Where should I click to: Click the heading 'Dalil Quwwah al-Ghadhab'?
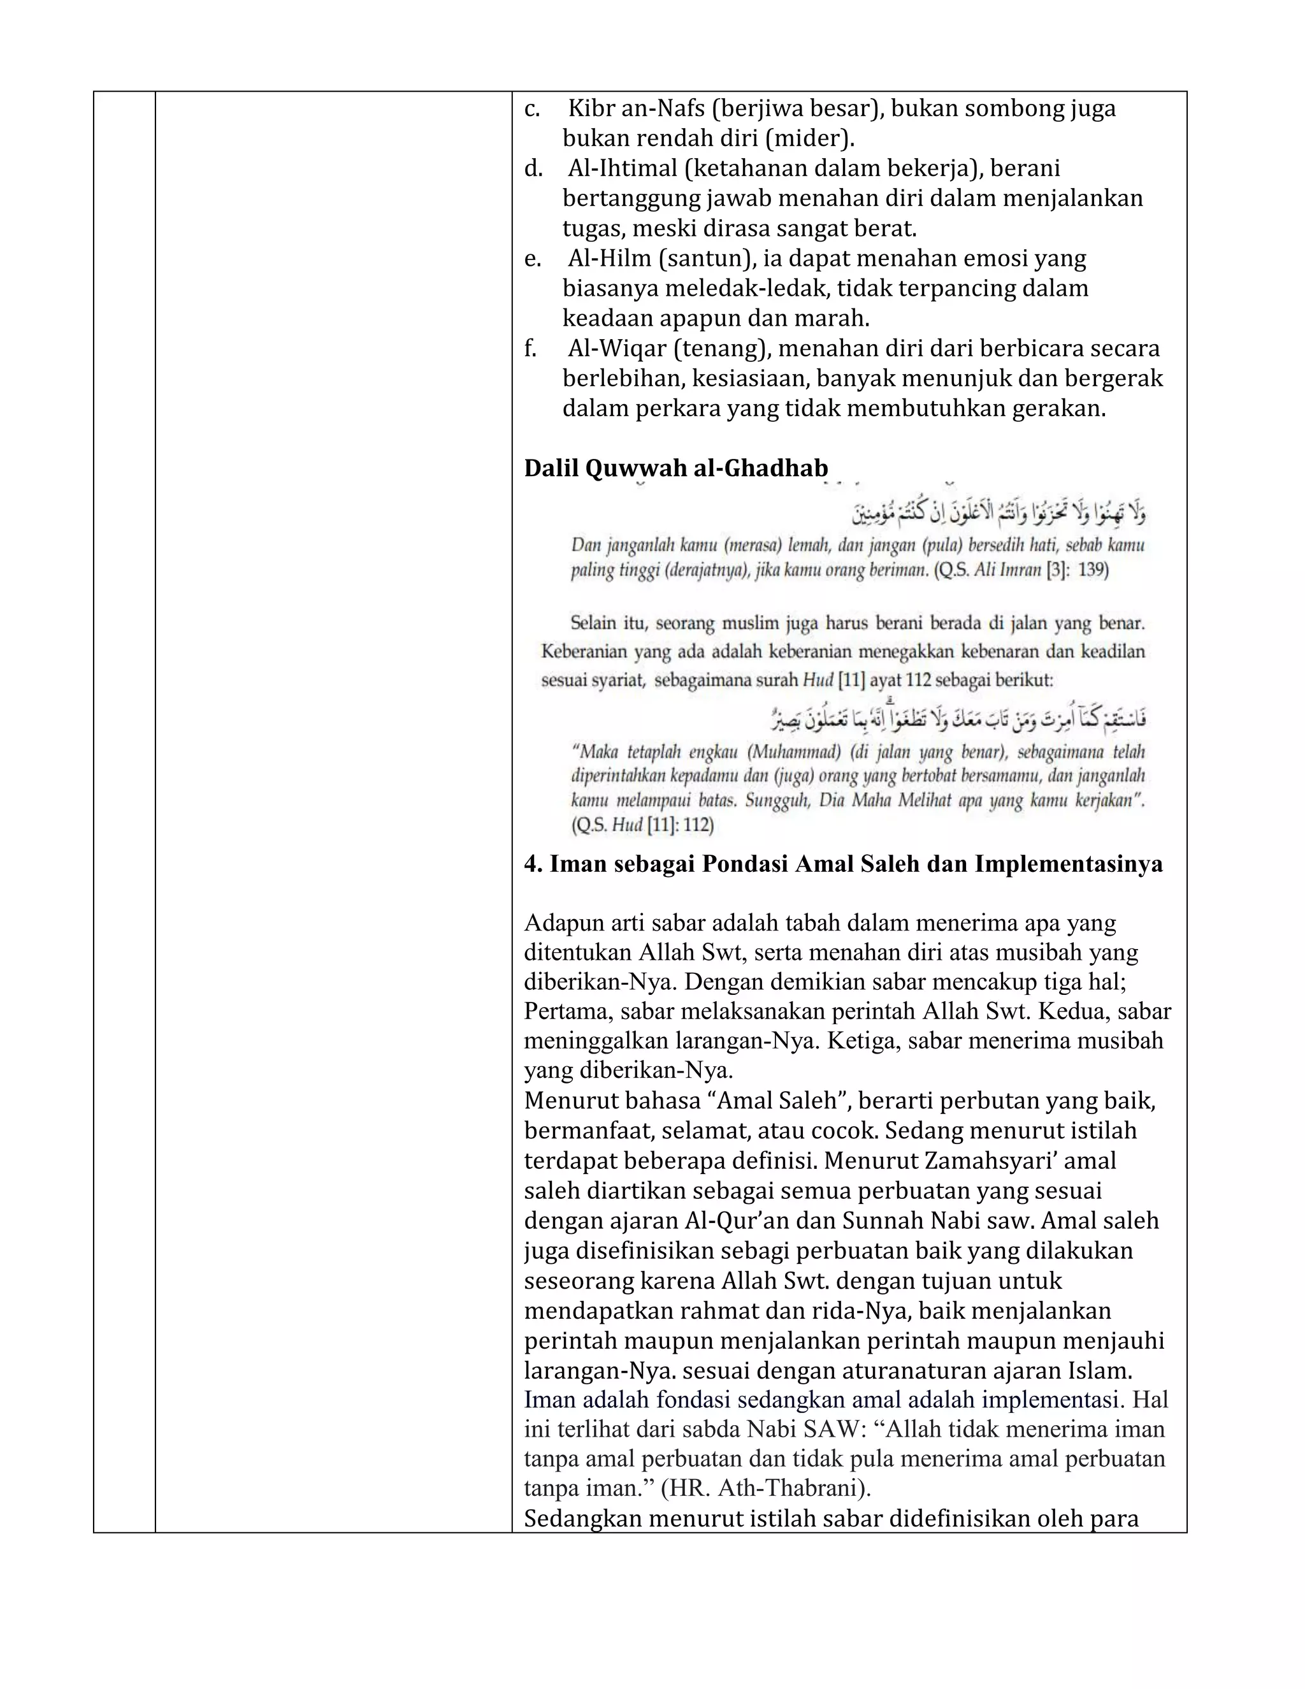click(675, 468)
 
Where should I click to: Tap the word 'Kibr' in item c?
click(591, 108)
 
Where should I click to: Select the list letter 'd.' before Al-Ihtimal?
click(533, 169)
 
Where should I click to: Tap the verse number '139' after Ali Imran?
click(1092, 570)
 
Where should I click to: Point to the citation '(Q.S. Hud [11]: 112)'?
click(642, 825)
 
